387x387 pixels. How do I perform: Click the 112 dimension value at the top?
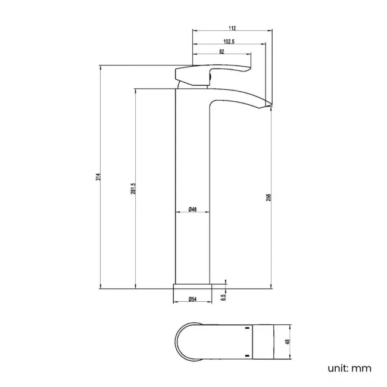232,28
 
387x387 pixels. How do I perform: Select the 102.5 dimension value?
227,41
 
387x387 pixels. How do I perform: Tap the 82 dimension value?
221,52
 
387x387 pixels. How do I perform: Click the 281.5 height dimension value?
134,188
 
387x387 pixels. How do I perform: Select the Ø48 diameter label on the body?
192,209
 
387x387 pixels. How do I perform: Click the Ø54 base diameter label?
192,299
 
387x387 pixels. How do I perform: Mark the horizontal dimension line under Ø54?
192,304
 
